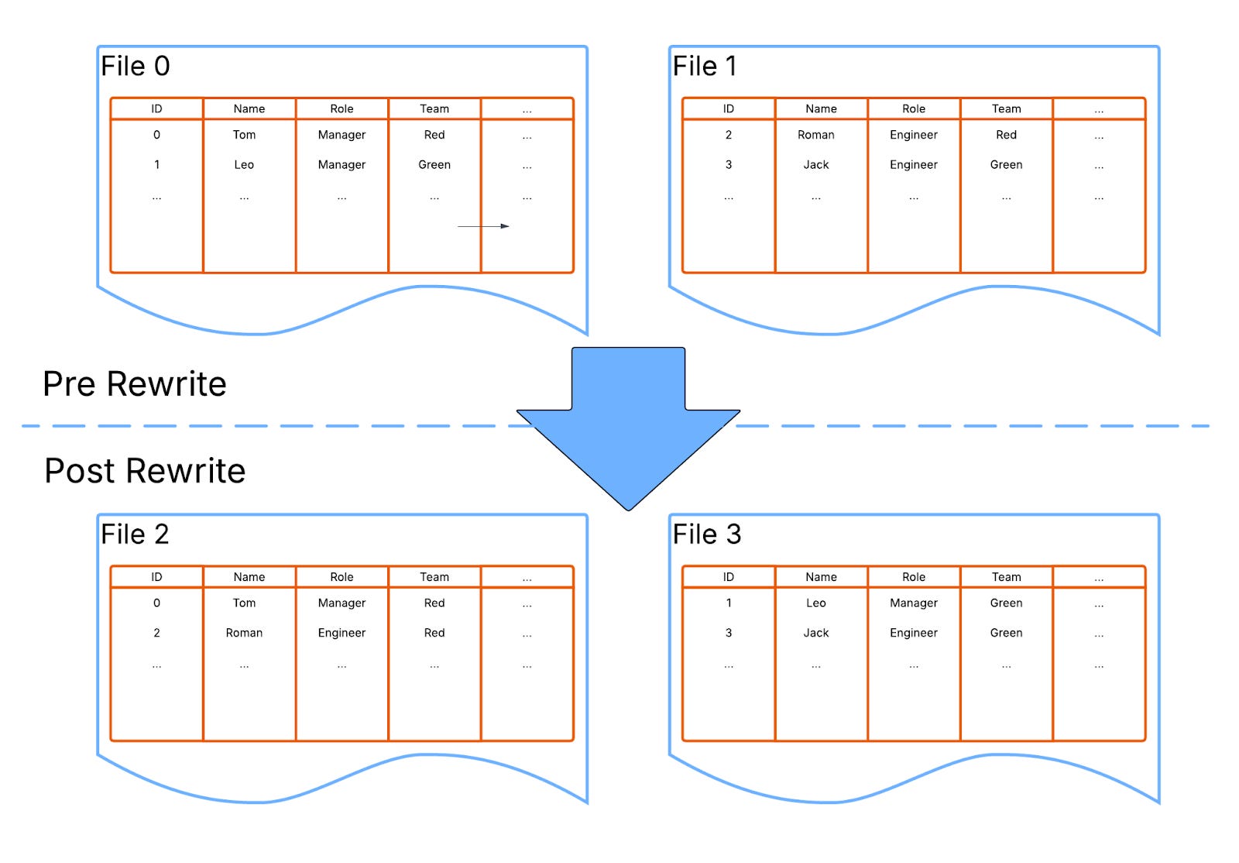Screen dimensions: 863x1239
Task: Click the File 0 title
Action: (x=136, y=67)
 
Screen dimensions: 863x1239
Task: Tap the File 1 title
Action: (x=705, y=67)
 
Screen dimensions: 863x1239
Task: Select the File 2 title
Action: (x=135, y=535)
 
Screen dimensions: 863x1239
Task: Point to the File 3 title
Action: (x=707, y=535)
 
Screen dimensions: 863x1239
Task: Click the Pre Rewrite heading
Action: (x=135, y=384)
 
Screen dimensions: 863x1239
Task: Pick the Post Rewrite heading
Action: (x=145, y=471)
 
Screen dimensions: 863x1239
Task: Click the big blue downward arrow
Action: (x=628, y=426)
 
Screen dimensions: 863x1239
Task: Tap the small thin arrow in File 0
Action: (x=483, y=226)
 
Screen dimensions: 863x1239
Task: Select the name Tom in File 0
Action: (x=244, y=135)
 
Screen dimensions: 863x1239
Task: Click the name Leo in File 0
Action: (x=244, y=165)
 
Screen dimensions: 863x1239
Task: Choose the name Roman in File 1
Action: (x=816, y=135)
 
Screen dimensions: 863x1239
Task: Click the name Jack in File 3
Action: (x=816, y=633)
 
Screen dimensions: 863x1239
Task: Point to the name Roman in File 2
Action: (x=244, y=633)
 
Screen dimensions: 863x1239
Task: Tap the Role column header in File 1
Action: (x=914, y=109)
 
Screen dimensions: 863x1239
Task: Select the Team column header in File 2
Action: (x=434, y=577)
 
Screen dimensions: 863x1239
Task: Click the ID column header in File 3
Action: (x=729, y=577)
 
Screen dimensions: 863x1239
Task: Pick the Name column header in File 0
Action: (x=249, y=109)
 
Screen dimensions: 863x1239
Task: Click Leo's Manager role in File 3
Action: (x=914, y=603)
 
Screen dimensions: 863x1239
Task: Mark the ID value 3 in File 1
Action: (x=729, y=165)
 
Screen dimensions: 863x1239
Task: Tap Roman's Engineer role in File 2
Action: (x=341, y=633)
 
